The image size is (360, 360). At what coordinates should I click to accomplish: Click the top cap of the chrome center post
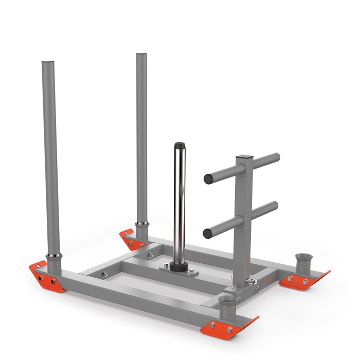[x=179, y=145]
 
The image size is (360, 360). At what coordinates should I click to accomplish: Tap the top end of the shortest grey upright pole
[x=49, y=64]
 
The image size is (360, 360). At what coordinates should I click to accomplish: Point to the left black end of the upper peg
[x=208, y=179]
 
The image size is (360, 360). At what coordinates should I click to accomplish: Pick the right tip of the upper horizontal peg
[x=277, y=156]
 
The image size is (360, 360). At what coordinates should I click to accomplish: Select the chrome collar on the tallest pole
[x=142, y=224]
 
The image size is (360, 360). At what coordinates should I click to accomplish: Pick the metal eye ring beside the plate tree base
[x=254, y=280]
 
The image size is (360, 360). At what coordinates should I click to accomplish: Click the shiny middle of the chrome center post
[x=179, y=206]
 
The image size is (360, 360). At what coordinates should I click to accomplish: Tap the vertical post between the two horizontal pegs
[x=242, y=195]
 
